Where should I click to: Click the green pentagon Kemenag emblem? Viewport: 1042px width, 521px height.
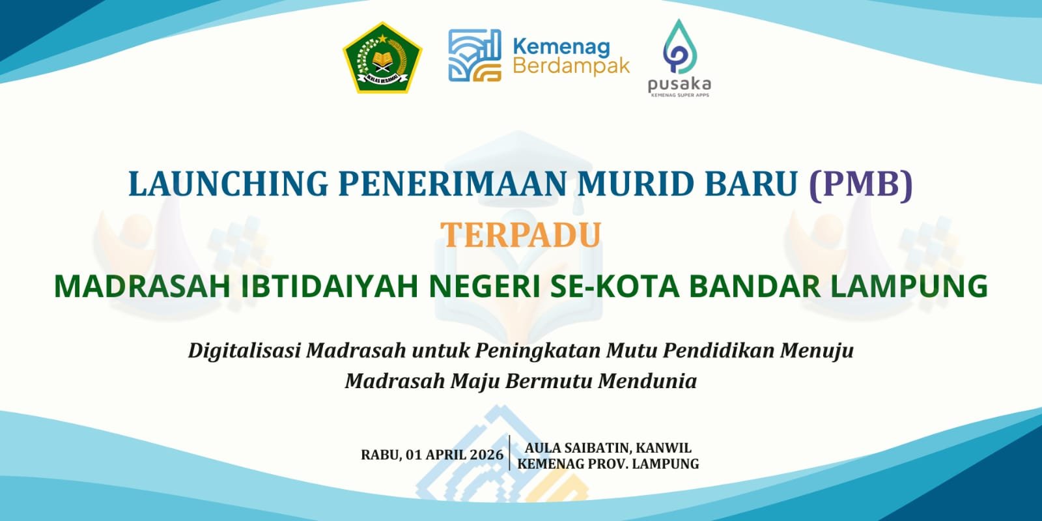[x=382, y=58]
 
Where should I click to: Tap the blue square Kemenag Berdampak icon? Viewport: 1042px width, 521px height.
[x=475, y=55]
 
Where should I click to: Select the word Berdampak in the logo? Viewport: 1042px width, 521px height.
[x=571, y=66]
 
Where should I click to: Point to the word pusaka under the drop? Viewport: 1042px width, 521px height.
[x=679, y=84]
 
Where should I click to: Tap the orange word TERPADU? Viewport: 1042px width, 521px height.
[x=520, y=235]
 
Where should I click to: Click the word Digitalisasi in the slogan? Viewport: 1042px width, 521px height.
[x=244, y=350]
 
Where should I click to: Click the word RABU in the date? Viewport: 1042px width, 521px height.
[x=380, y=455]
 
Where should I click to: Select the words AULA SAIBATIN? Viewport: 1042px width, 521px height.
[x=576, y=448]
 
